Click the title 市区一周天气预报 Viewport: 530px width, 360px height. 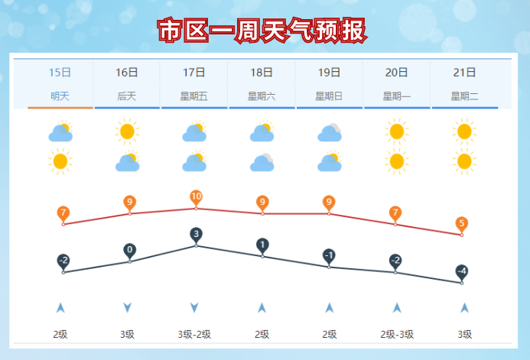pyautogui.click(x=262, y=31)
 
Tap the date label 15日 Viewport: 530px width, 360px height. pyautogui.click(x=60, y=73)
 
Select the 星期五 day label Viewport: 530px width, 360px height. pyautogui.click(x=194, y=96)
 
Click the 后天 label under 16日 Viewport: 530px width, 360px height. pyautogui.click(x=127, y=96)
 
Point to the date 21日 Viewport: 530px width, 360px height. pyautogui.click(x=464, y=73)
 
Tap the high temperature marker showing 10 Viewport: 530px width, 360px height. pyautogui.click(x=196, y=197)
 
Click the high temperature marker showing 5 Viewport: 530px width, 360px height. pyautogui.click(x=462, y=224)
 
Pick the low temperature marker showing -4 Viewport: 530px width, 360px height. pyautogui.click(x=462, y=271)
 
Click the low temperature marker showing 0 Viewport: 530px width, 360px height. pyautogui.click(x=130, y=250)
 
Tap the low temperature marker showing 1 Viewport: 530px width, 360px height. pyautogui.click(x=262, y=245)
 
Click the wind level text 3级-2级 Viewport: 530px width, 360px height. pyautogui.click(x=194, y=334)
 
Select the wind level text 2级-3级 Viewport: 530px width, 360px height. pyautogui.click(x=396, y=334)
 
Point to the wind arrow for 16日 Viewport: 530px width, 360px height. pyautogui.click(x=127, y=307)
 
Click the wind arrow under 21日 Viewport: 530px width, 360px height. pyautogui.click(x=464, y=307)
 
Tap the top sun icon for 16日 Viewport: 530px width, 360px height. pyautogui.click(x=127, y=132)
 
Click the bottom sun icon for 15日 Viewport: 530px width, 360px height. pyautogui.click(x=60, y=161)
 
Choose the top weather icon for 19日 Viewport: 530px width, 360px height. pyautogui.click(x=329, y=133)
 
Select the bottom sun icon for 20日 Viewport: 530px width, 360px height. pyautogui.click(x=396, y=161)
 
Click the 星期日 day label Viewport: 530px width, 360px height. pyautogui.click(x=329, y=96)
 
